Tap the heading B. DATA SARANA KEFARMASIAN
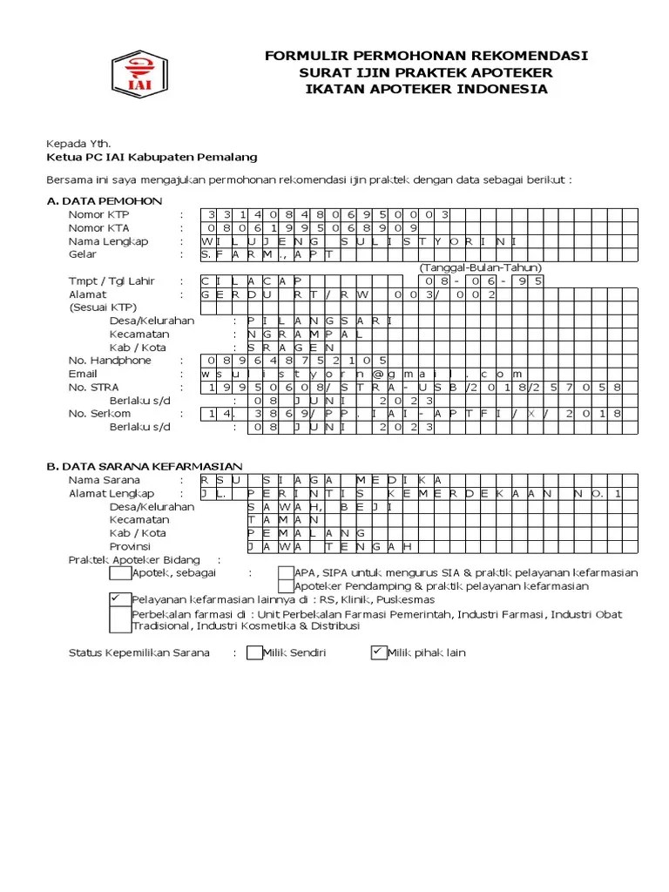click(145, 466)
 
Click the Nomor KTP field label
click(97, 214)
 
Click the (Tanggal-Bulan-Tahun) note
click(481, 267)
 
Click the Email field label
click(84, 374)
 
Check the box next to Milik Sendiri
click(254, 652)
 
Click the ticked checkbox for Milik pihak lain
click(378, 652)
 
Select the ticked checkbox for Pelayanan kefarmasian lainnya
click(119, 599)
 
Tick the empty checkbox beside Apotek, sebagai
click(119, 572)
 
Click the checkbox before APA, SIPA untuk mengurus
click(286, 572)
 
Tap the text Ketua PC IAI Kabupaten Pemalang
click(151, 158)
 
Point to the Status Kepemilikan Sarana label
click(139, 652)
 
